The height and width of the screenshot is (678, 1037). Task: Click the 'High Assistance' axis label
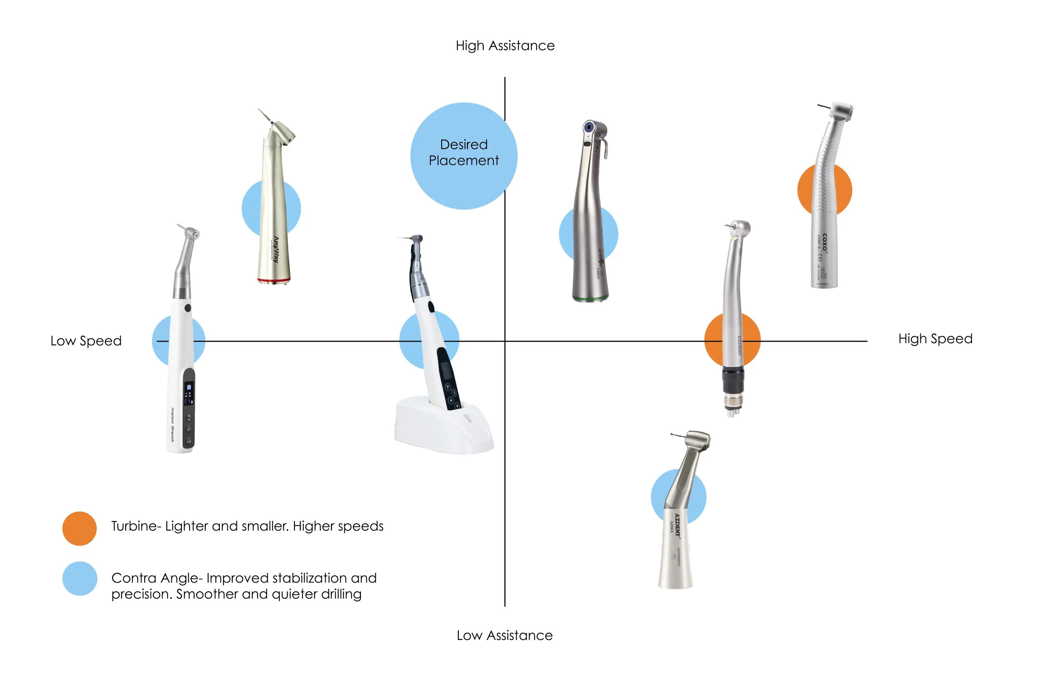[x=505, y=46]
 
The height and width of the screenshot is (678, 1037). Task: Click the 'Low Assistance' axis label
[x=504, y=635]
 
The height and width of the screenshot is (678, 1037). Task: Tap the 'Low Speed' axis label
[x=86, y=340]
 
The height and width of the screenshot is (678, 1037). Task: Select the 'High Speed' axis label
[x=935, y=338]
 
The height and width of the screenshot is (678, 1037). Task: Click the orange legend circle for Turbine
[x=79, y=528]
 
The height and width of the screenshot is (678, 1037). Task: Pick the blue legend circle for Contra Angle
[x=79, y=578]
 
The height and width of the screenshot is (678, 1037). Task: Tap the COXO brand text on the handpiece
[x=824, y=242]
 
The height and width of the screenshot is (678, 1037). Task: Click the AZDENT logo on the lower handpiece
[x=677, y=524]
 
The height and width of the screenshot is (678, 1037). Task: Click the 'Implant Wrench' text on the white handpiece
[x=173, y=425]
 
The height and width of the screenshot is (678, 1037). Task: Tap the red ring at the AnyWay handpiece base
[x=274, y=281]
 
